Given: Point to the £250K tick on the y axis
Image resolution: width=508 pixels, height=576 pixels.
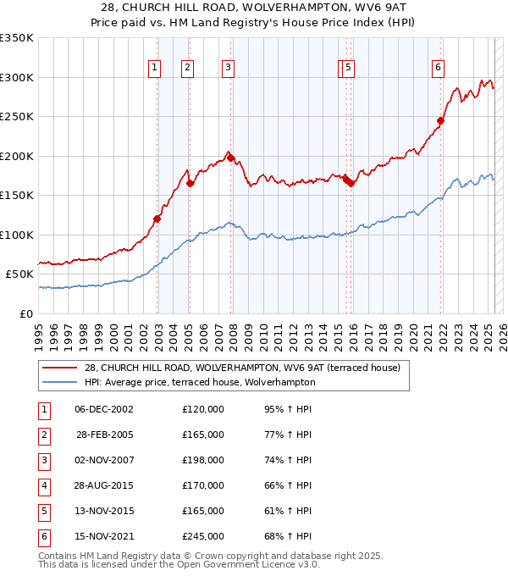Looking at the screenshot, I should click(17, 117).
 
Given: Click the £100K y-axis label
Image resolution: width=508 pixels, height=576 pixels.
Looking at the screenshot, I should click(17, 235).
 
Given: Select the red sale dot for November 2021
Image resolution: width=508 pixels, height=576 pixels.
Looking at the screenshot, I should click(441, 120).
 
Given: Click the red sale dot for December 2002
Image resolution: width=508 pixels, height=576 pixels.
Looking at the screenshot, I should click(157, 219).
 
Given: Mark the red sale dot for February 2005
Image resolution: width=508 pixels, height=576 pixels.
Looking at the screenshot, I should click(190, 183).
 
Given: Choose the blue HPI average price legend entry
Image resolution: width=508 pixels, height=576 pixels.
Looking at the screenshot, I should click(200, 382).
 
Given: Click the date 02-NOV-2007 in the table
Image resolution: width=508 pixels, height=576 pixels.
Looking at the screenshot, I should click(104, 460).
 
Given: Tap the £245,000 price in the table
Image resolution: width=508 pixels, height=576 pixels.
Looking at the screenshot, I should click(203, 536).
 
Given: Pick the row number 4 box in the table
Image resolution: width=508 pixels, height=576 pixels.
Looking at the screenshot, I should click(43, 485).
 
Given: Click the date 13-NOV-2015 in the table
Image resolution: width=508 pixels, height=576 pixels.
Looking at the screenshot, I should click(104, 511).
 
